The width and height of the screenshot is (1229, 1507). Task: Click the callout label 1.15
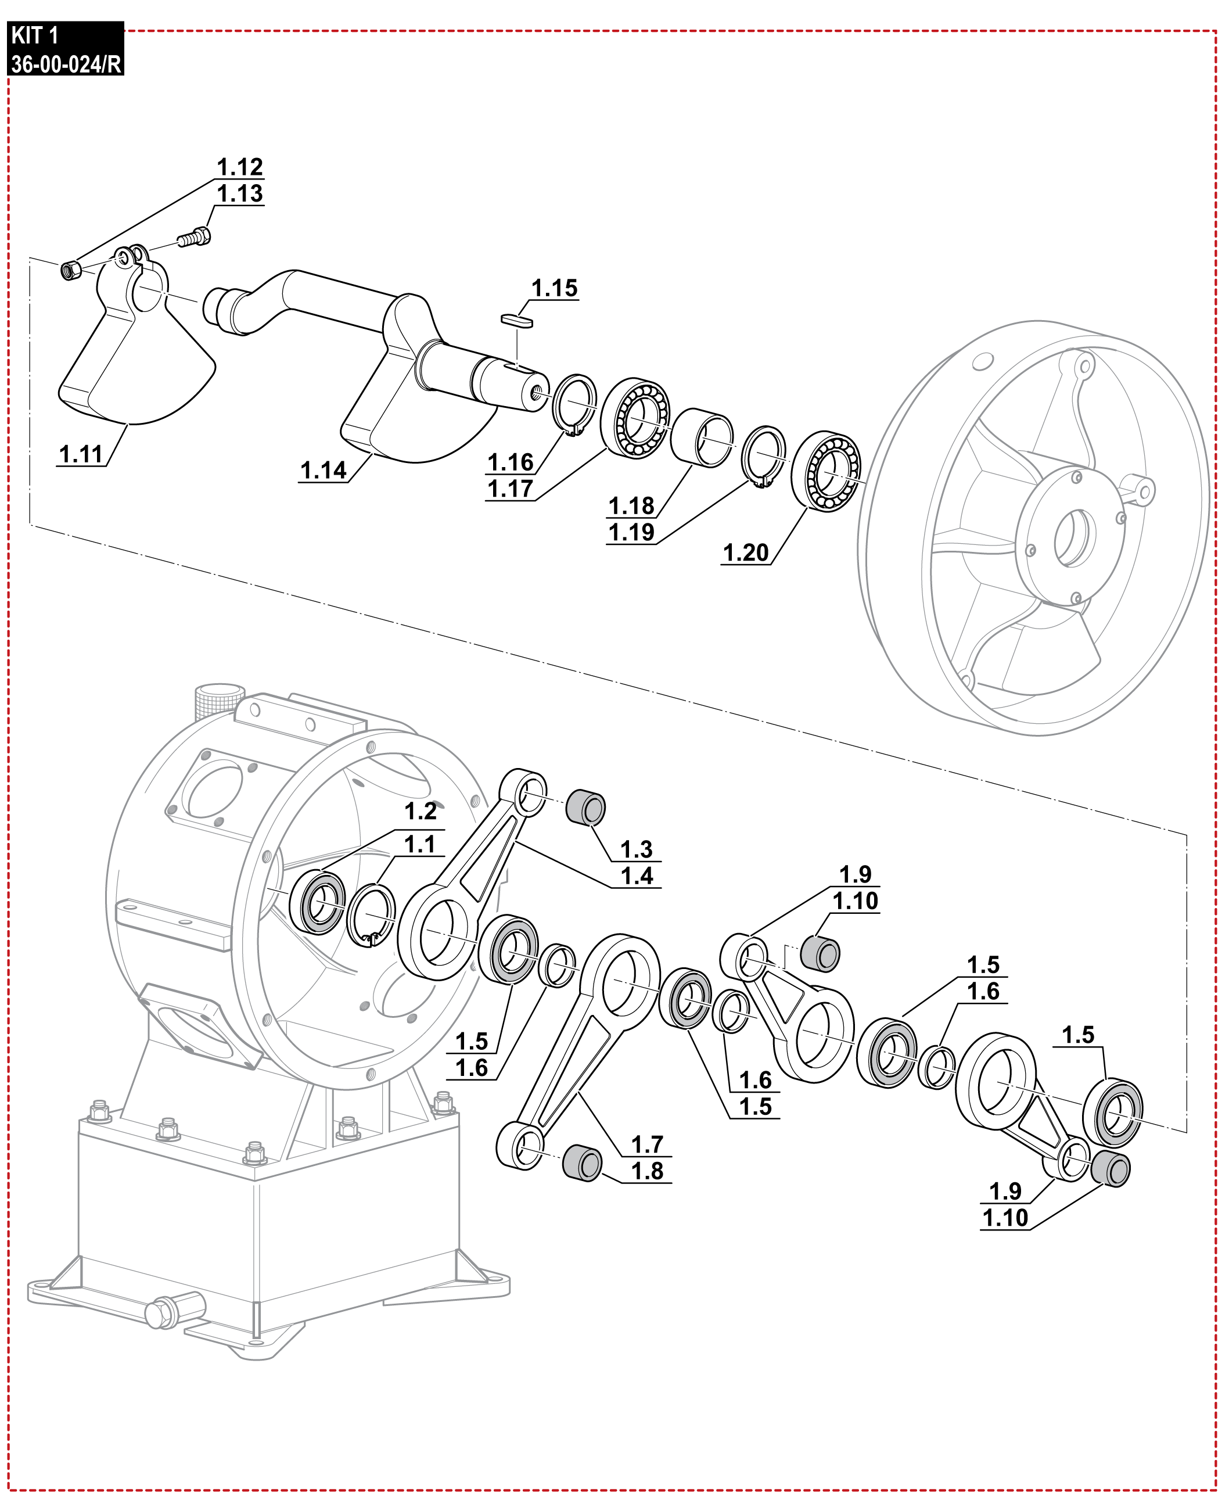pos(554,288)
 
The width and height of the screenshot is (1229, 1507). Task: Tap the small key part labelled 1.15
pos(516,320)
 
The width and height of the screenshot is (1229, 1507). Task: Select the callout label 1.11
pos(81,454)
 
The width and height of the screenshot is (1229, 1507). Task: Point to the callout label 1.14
pos(323,470)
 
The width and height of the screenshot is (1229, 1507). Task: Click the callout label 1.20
pos(745,552)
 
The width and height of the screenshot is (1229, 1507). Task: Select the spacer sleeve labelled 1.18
pos(702,437)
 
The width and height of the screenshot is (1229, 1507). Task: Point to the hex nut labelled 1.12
pos(71,270)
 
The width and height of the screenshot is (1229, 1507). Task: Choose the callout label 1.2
pos(420,812)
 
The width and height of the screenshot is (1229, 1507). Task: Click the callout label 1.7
pos(646,1144)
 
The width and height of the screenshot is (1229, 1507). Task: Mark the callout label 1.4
pos(637,876)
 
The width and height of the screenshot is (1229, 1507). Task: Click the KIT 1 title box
pos(66,49)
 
